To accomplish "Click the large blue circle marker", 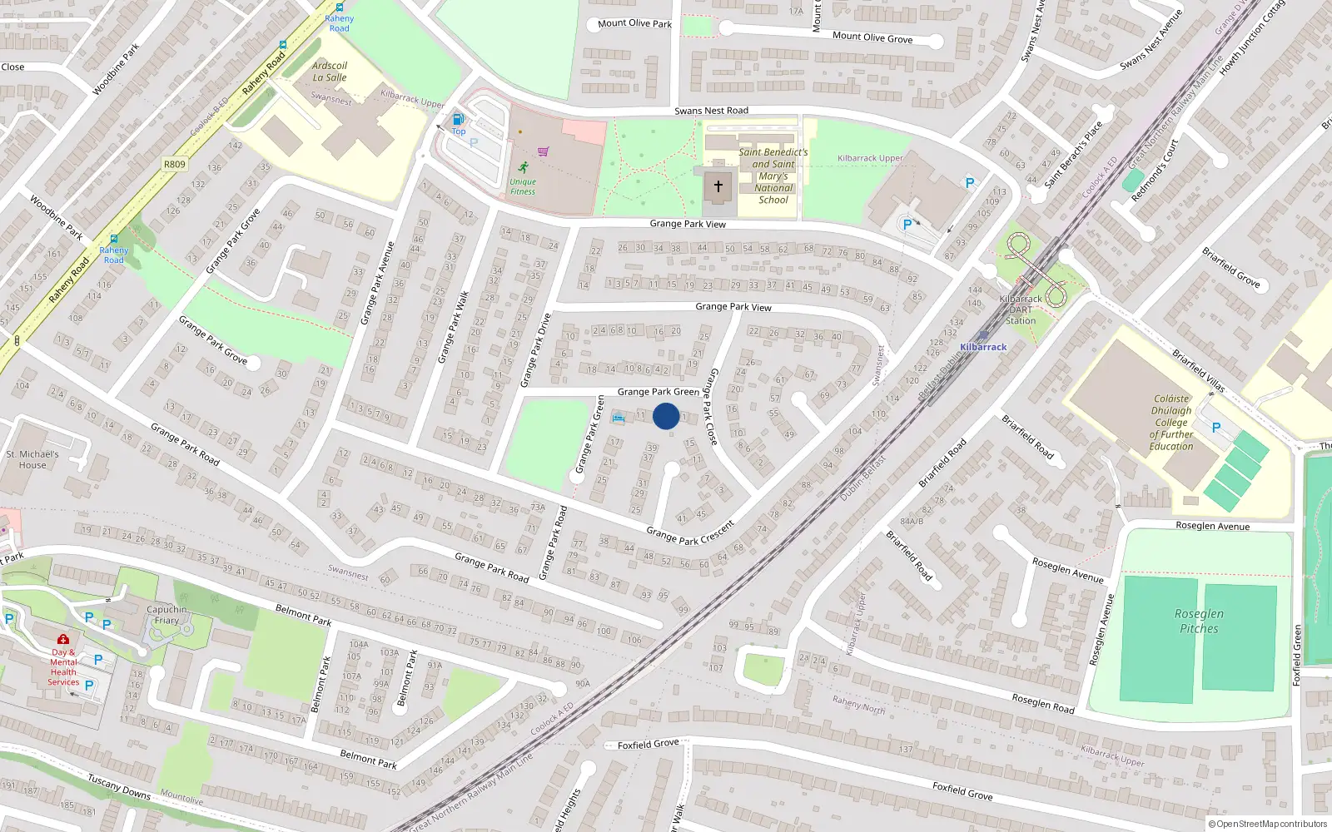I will tap(666, 416).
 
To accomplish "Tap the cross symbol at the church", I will tap(718, 186).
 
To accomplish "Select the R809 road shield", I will tap(175, 164).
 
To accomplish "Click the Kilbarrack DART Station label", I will tap(1021, 310).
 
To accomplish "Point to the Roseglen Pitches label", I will tap(1199, 621).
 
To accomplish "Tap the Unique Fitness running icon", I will tap(523, 167).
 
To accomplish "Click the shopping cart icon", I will tap(544, 151).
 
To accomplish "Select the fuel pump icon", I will tap(458, 119).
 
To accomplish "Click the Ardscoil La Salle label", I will tap(330, 72).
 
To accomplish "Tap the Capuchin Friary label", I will tap(166, 615).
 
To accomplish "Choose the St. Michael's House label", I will tap(32, 459).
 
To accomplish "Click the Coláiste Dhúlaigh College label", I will tap(1171, 423).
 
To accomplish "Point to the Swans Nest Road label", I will tap(711, 111).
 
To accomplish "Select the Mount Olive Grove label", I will tap(872, 37).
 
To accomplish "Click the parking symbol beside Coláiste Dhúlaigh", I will tap(1216, 428).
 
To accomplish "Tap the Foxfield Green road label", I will tap(1296, 656).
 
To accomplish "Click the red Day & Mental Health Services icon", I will tap(63, 640).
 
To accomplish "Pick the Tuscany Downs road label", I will tap(119, 787).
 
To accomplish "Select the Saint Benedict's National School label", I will tap(773, 176).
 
